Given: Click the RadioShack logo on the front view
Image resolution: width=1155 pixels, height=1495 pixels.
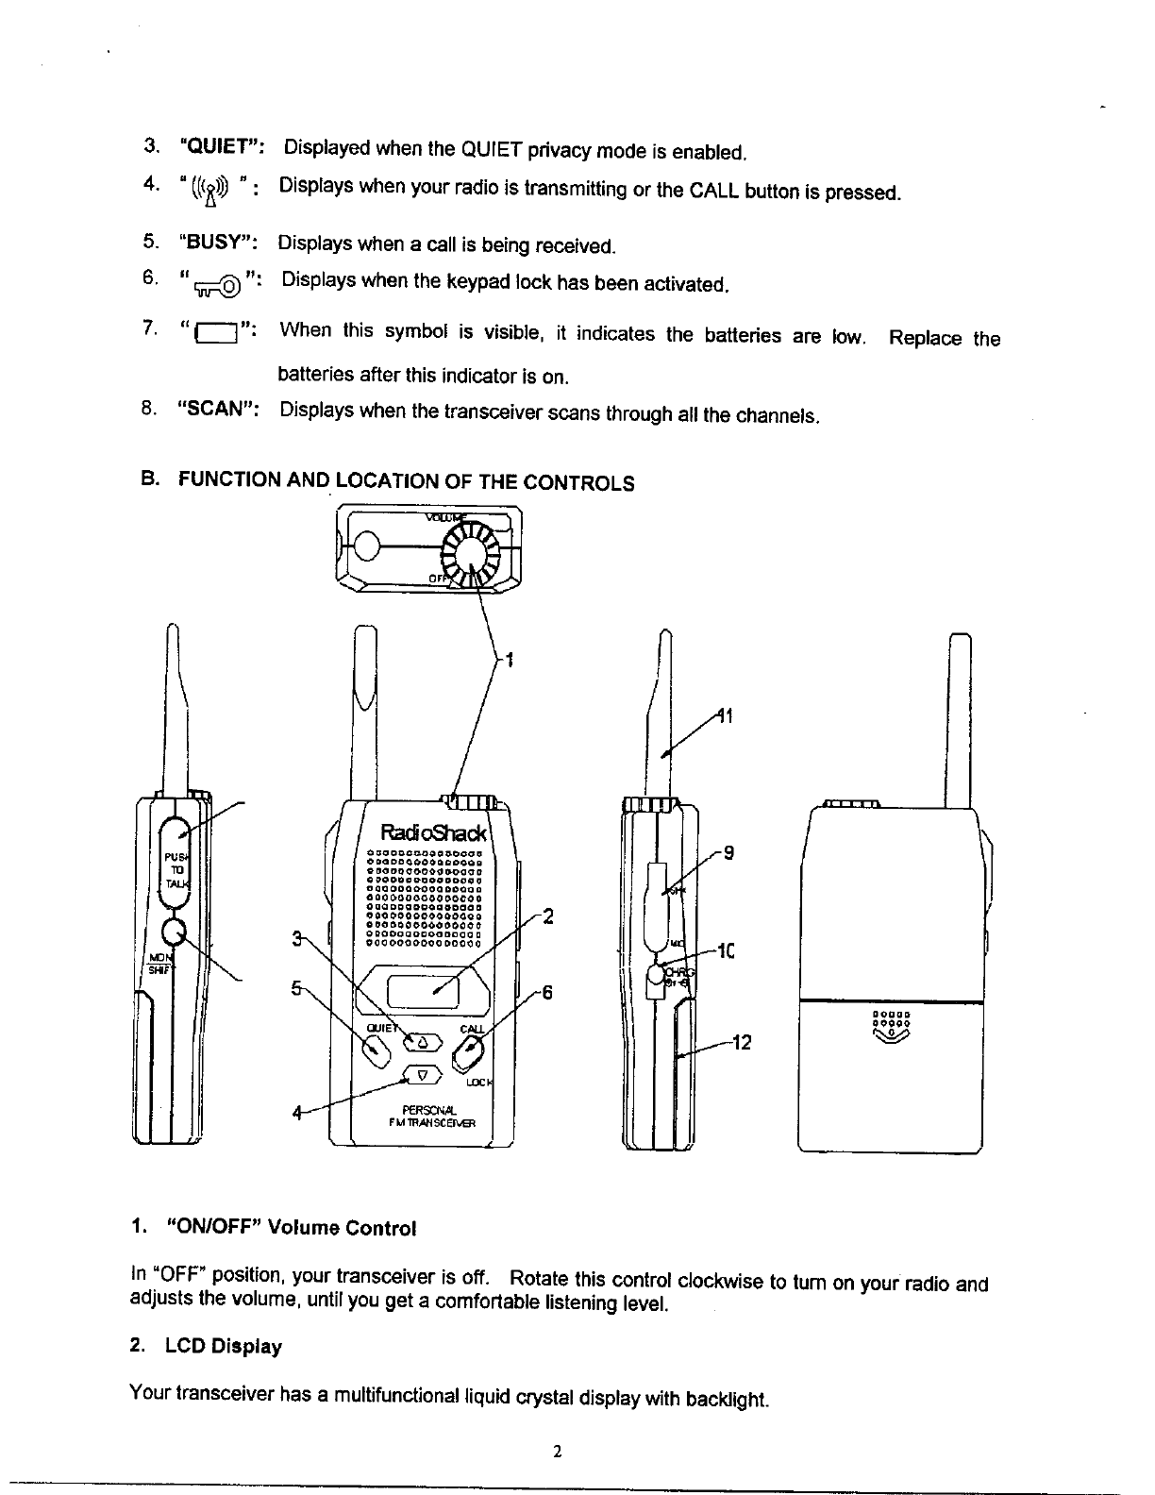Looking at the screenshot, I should coord(433,833).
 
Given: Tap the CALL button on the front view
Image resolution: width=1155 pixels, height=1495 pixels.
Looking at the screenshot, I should coord(470,1050).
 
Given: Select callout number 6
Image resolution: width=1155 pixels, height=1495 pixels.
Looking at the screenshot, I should coord(546,993).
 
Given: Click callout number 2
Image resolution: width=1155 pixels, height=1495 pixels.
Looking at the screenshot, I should coord(547,915).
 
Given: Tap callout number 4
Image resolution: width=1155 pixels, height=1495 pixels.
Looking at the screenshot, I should coord(296,1114).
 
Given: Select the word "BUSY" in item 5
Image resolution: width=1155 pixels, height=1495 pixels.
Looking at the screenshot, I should coord(219,241).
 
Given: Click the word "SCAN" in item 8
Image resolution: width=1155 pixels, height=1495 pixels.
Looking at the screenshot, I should coord(219,410).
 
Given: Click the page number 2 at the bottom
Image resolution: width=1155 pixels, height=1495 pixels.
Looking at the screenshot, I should coord(559,1452).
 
